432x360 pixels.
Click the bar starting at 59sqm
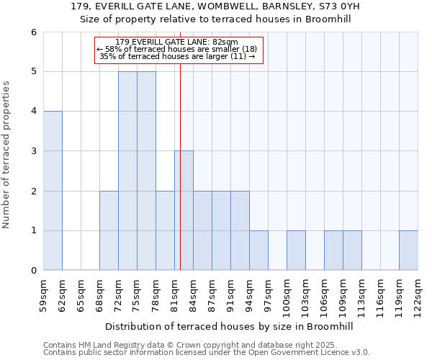click(x=53, y=191)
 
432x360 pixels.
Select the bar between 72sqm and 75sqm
click(x=127, y=171)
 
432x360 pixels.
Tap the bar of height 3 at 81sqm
click(x=184, y=210)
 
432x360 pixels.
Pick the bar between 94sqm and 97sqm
click(x=258, y=251)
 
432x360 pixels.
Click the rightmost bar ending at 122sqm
click(x=408, y=251)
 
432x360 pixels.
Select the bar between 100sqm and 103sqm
click(x=296, y=251)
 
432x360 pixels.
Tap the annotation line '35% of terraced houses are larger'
click(x=176, y=56)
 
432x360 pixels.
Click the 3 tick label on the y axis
click(x=33, y=151)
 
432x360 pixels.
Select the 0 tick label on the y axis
click(x=33, y=271)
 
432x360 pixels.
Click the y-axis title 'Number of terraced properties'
click(x=7, y=155)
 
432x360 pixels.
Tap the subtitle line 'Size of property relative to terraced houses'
click(x=215, y=19)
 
